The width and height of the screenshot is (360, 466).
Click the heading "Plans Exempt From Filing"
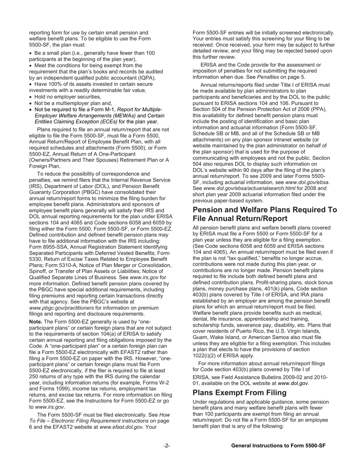click(239, 393)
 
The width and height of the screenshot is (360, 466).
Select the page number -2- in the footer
click(167, 446)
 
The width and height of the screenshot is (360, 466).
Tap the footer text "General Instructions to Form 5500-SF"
click(278, 446)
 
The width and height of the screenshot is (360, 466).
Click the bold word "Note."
click(36, 322)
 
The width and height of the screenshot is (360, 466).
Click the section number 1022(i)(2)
click(207, 355)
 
